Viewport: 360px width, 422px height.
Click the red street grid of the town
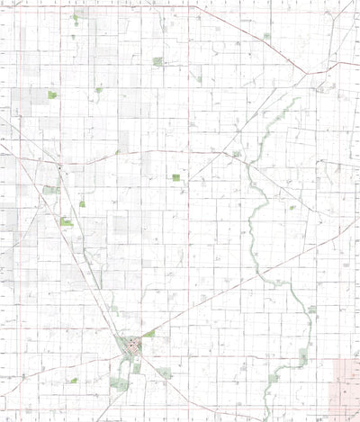pyautogui.click(x=132, y=344)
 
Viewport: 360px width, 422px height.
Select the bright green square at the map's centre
pyautogui.click(x=176, y=178)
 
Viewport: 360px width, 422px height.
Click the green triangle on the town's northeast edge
pyautogui.click(x=149, y=334)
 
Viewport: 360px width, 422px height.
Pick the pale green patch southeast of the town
pyautogui.click(x=165, y=372)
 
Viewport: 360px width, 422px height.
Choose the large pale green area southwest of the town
pyautogui.click(x=118, y=384)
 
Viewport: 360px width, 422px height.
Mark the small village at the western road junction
pyautogui.click(x=59, y=168)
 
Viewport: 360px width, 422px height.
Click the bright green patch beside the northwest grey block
pyautogui.click(x=52, y=94)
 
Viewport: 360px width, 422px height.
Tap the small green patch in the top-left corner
pyautogui.click(x=75, y=17)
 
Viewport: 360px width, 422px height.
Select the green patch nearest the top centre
pyautogui.click(x=158, y=61)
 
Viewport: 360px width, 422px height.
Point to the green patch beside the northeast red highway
pyautogui.click(x=266, y=36)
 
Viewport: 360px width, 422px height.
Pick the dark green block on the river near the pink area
pyautogui.click(x=303, y=358)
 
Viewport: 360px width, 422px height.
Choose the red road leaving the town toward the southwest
pyautogui.click(x=108, y=396)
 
